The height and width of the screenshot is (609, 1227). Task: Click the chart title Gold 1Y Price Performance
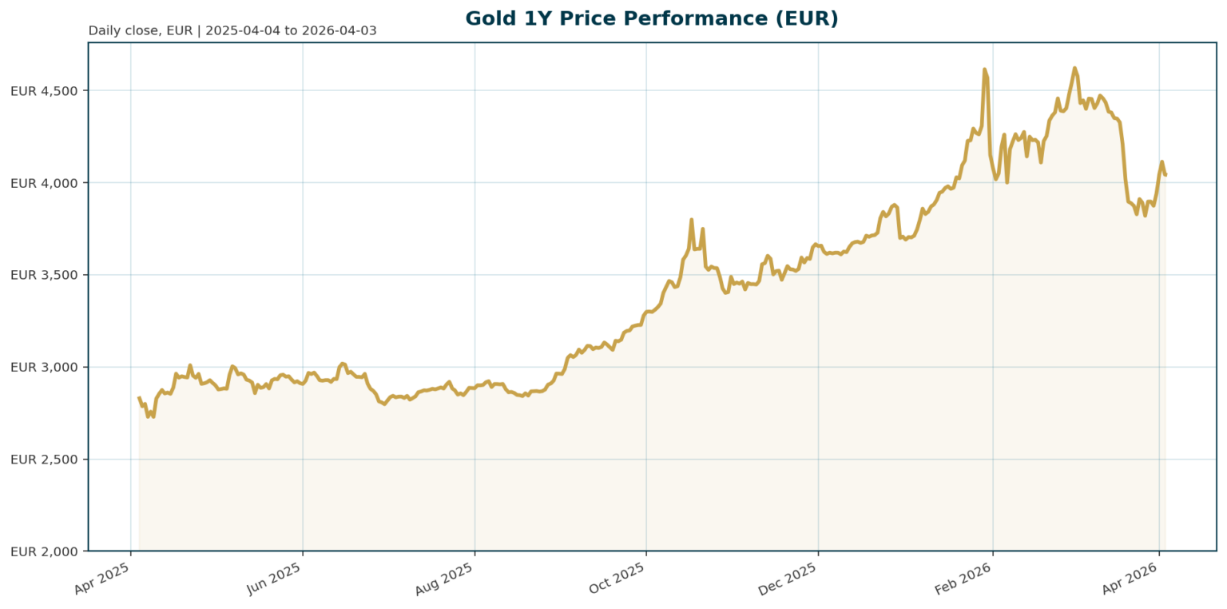(651, 18)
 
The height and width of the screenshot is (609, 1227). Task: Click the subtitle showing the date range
(232, 31)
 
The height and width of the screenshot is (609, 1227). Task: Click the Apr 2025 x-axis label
(102, 577)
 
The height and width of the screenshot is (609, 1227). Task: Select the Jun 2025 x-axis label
(274, 577)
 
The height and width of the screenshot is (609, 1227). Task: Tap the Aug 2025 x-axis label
(445, 577)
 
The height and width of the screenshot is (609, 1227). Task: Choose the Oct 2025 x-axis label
(617, 577)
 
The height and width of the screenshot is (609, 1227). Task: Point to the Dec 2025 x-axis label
(788, 577)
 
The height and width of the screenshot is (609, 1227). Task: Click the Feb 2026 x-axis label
(963, 577)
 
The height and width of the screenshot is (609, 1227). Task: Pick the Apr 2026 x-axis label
(1130, 577)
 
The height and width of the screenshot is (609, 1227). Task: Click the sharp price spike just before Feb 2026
(984, 70)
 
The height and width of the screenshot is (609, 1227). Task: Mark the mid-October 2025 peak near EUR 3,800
(691, 220)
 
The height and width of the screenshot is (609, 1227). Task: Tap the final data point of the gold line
(1165, 175)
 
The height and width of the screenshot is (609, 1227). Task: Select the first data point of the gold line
(139, 397)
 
